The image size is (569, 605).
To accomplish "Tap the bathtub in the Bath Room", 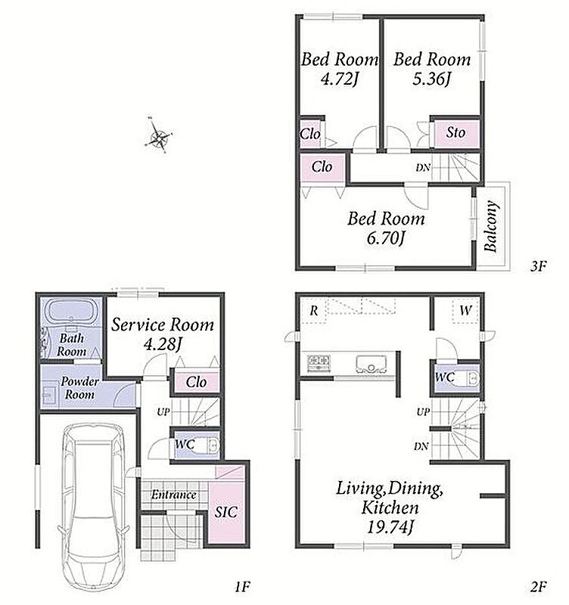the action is pyautogui.click(x=71, y=310).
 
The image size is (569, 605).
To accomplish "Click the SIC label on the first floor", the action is pyautogui.click(x=226, y=512).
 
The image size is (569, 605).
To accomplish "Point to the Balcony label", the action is pyautogui.click(x=490, y=226).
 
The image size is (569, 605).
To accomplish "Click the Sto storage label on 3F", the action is pyautogui.click(x=456, y=133).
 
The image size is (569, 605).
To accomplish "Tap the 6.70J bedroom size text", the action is pyautogui.click(x=385, y=238).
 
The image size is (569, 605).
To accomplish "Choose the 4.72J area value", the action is pyautogui.click(x=339, y=79).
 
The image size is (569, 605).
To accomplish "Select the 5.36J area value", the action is pyautogui.click(x=431, y=79).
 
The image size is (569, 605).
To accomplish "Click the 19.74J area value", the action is pyautogui.click(x=390, y=526).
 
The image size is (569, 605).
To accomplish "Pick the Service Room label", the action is pyautogui.click(x=163, y=325).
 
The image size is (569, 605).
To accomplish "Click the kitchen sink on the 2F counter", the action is pyautogui.click(x=371, y=364).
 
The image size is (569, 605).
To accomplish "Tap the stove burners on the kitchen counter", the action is pyautogui.click(x=319, y=363).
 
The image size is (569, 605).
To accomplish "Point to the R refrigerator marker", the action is pyautogui.click(x=314, y=310).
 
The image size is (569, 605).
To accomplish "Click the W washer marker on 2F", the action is pyautogui.click(x=466, y=310).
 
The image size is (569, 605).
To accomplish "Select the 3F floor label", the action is pyautogui.click(x=539, y=266).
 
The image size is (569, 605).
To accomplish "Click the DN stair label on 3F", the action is pyautogui.click(x=423, y=168).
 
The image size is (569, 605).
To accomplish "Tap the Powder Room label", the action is pyautogui.click(x=79, y=388).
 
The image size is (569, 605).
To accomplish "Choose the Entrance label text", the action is pyautogui.click(x=174, y=495).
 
